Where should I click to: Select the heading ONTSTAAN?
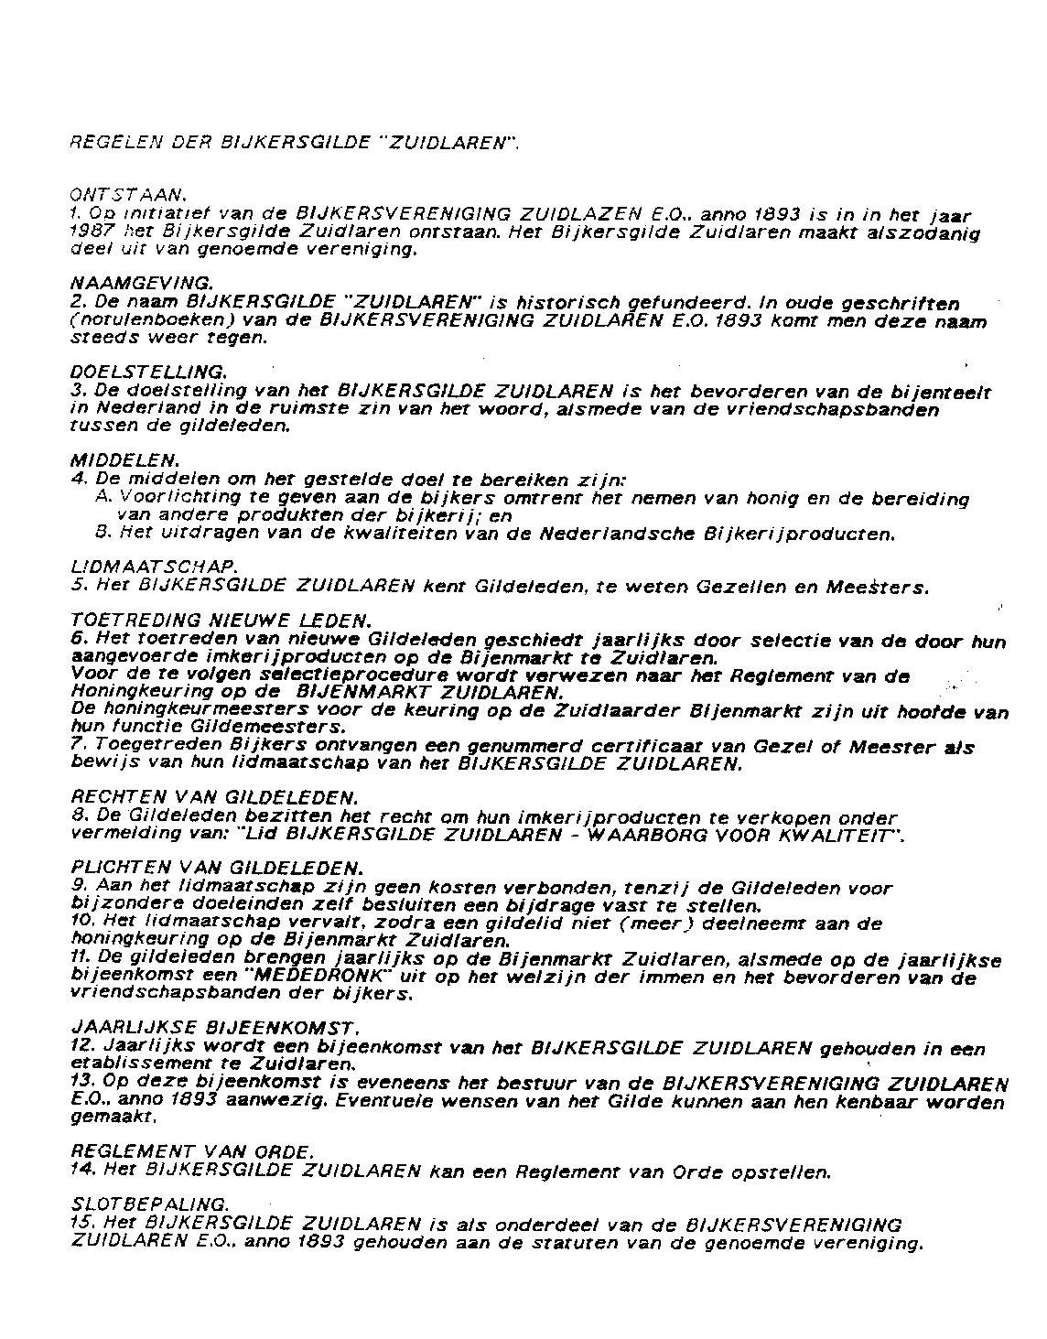pyautogui.click(x=128, y=195)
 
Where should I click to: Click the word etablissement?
pyautogui.click(x=140, y=1064)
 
